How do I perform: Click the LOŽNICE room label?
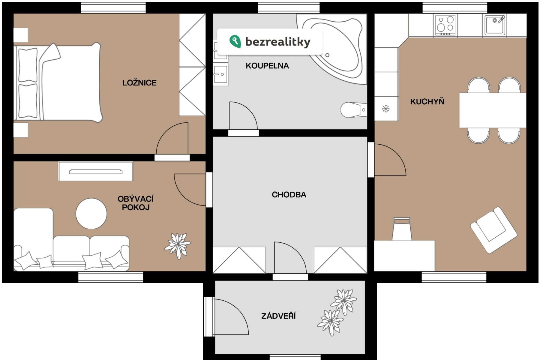click(139, 82)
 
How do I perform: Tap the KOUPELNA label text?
click(267, 66)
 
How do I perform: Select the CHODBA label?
click(289, 195)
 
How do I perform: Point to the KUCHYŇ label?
click(427, 101)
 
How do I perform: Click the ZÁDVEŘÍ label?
click(278, 316)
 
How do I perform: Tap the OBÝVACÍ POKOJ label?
click(136, 203)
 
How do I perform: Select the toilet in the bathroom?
click(353, 110)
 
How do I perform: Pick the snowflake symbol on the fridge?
click(386, 108)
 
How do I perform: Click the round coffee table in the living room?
click(91, 214)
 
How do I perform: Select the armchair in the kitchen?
click(493, 230)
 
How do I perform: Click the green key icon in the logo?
click(235, 42)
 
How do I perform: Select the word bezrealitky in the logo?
click(278, 42)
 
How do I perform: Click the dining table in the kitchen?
click(493, 110)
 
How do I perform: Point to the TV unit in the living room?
click(96, 171)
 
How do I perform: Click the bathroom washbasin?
click(220, 74)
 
